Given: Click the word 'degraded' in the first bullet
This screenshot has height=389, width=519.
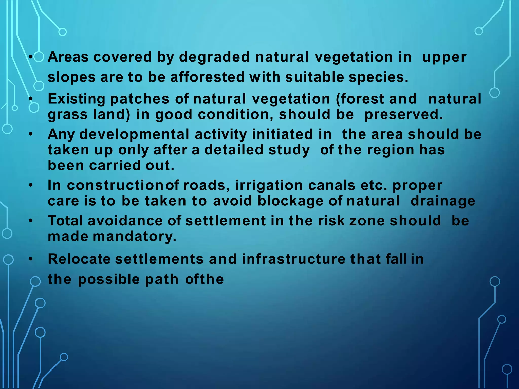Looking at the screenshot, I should [x=214, y=57].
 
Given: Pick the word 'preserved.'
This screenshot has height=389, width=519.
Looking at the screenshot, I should [x=404, y=114].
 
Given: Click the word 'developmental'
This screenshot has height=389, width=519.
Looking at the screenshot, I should [x=134, y=134].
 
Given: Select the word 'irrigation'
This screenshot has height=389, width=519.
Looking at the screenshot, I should [x=269, y=185].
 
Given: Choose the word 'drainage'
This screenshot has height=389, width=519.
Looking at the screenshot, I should [x=443, y=201].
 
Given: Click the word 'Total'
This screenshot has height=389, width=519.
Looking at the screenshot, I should [x=65, y=221].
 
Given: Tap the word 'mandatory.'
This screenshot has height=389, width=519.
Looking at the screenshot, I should [x=134, y=237].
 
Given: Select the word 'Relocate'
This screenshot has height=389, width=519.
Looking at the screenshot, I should [x=79, y=259].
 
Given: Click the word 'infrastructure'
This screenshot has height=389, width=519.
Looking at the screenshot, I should [x=293, y=259].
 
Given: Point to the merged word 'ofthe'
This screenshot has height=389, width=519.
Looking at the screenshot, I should [x=204, y=279].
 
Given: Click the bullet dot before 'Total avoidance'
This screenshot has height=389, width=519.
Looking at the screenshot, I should [x=31, y=221].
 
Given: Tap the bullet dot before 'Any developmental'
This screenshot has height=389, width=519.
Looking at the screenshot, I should [x=31, y=134].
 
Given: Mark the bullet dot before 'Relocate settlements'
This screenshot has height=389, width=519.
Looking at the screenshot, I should [x=31, y=259].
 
